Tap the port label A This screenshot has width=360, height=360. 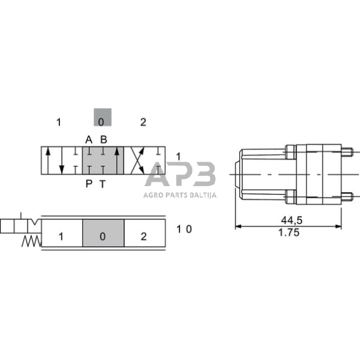coord(89,140)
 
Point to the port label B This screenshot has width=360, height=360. coord(103,140)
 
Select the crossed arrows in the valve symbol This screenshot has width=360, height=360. coord(138,161)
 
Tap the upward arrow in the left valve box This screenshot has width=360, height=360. coord(49,161)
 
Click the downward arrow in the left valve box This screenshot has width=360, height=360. coord(61,161)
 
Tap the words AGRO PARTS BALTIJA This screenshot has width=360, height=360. coord(180,197)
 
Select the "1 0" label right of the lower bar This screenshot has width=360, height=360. coord(184,229)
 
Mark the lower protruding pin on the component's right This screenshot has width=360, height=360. coord(348,196)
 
